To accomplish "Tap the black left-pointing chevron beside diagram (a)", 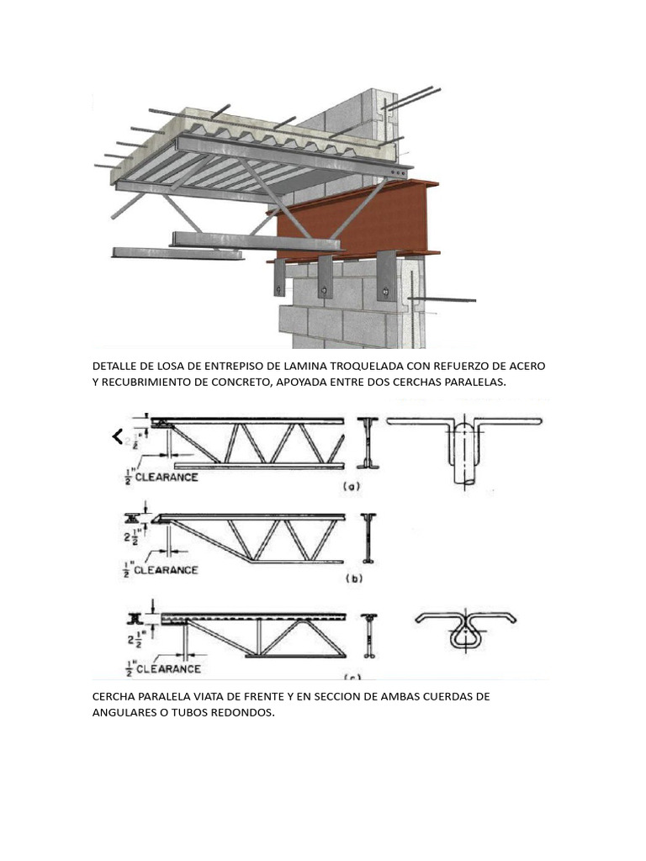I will pos(118,436).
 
